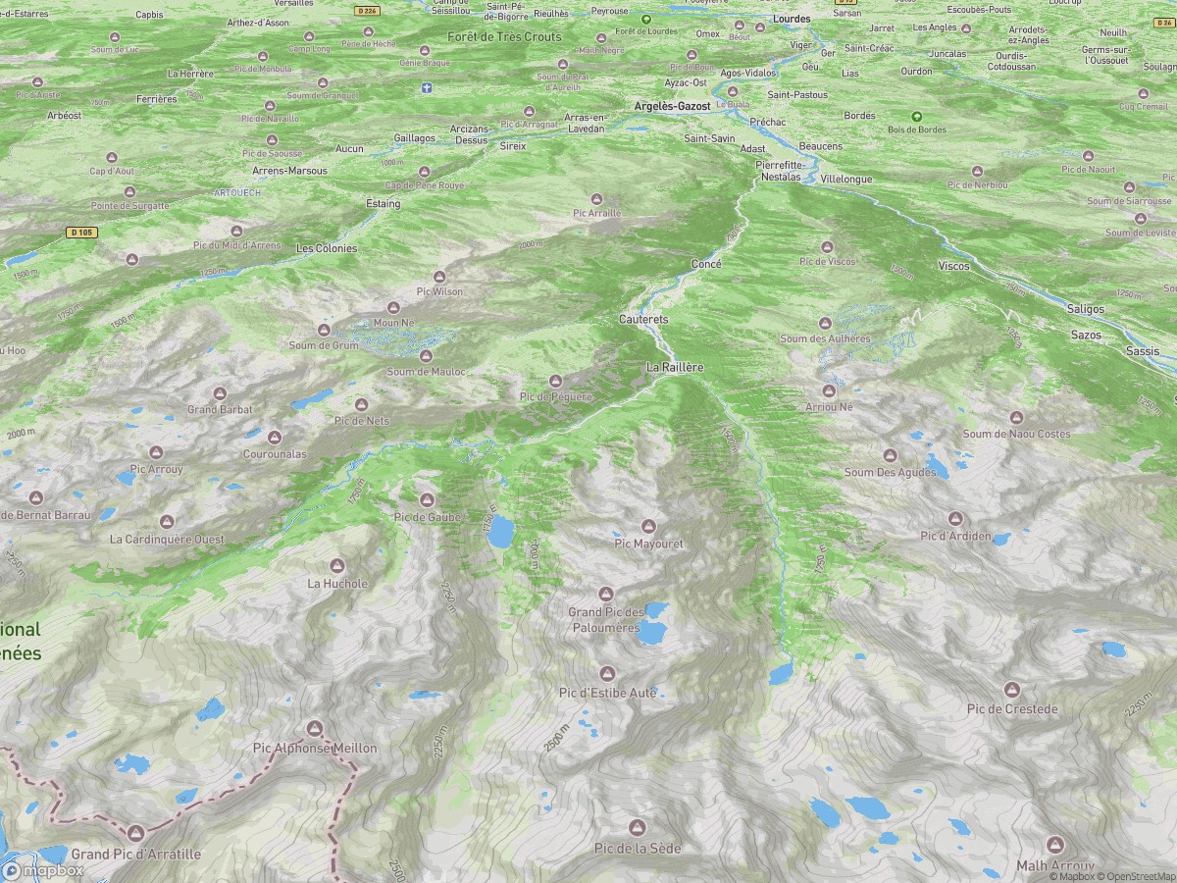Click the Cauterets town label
pos(643,320)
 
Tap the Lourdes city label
pos(792,19)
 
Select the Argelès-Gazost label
pos(672,106)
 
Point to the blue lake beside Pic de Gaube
pos(500,532)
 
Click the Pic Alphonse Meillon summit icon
pos(315,728)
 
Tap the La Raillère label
pos(675,367)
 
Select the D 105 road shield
pos(82,233)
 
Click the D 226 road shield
pos(366,10)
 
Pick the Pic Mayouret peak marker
pos(647,527)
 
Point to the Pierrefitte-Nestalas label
pos(781,171)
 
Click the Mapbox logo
pos(44,870)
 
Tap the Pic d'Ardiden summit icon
pos(956,518)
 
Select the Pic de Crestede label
pos(1012,709)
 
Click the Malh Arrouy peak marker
pos(1055,845)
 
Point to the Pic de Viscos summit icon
pos(827,247)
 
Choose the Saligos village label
pos(1086,309)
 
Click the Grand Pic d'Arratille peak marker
pos(135,834)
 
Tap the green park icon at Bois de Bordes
pos(917,116)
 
